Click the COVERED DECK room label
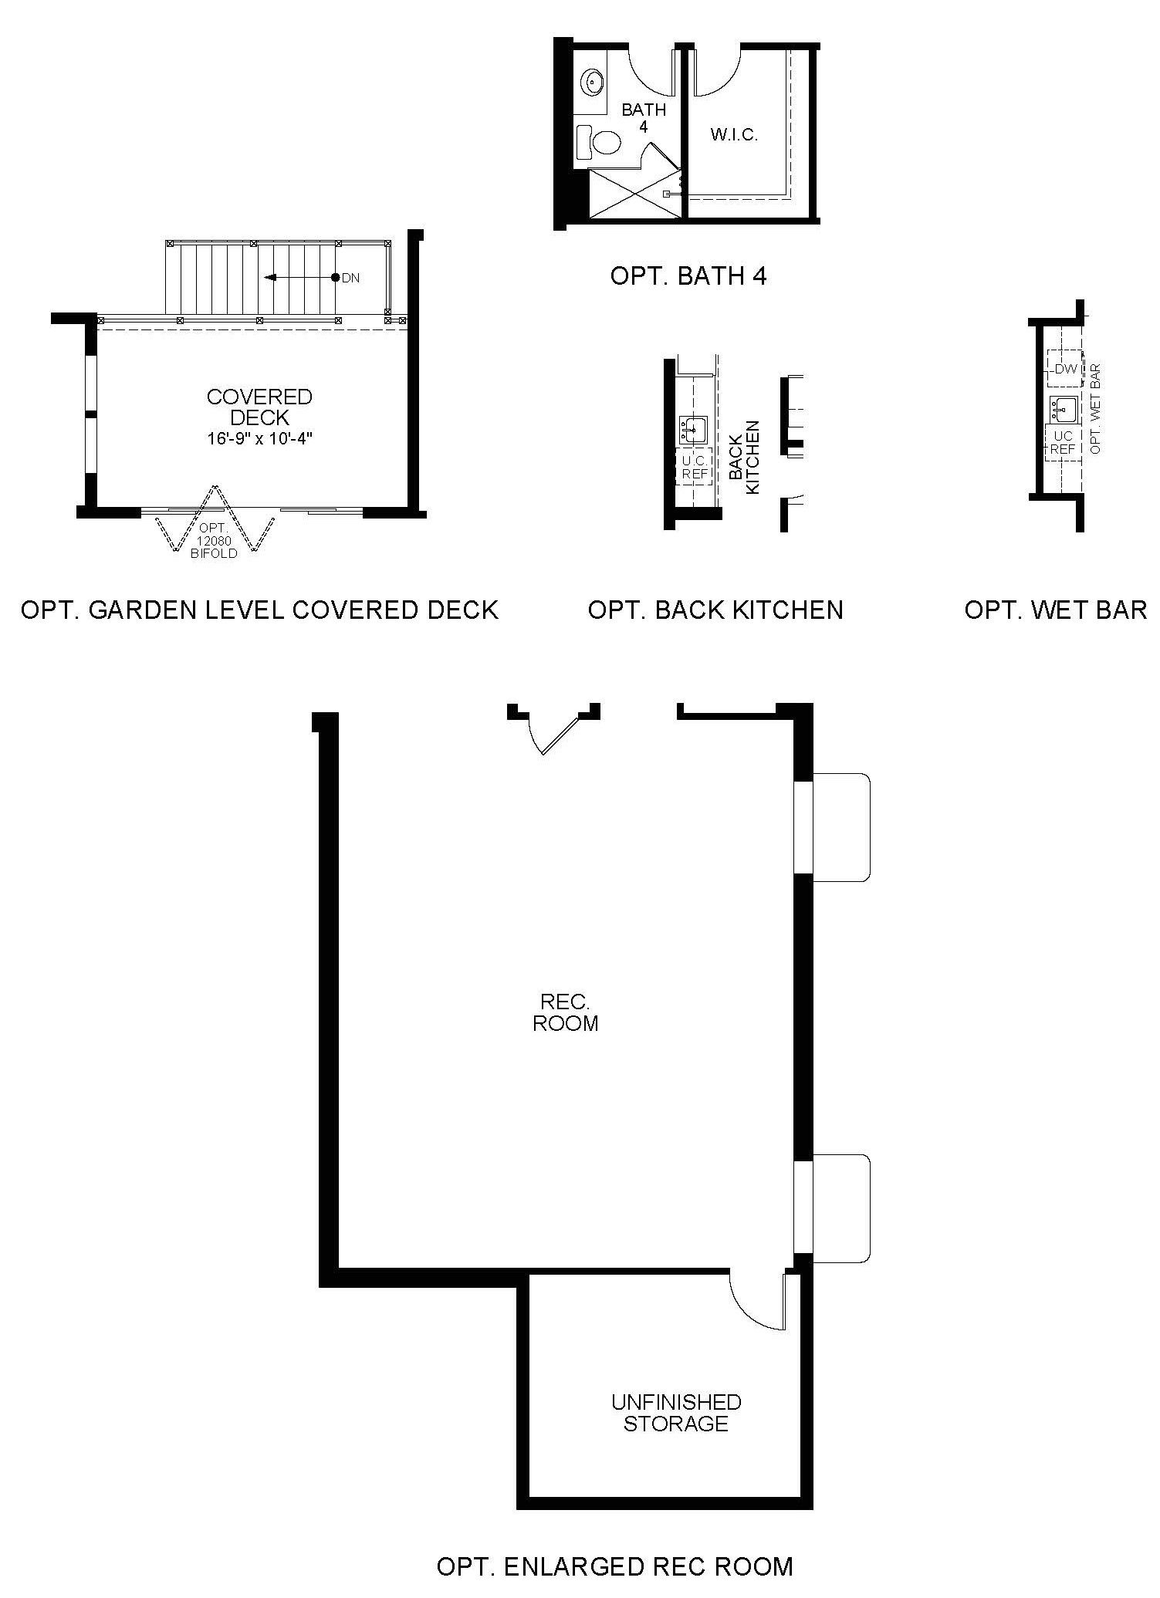[x=259, y=407]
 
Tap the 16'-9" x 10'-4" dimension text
[x=259, y=439]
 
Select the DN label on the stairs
[x=350, y=278]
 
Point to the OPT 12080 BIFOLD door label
[x=215, y=540]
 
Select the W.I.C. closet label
[x=734, y=135]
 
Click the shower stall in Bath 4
[x=634, y=193]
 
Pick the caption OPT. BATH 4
[x=688, y=276]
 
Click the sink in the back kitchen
[x=693, y=429]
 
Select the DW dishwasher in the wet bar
[x=1064, y=369]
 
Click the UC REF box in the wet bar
[x=1063, y=442]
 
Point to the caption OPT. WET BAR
[x=1056, y=610]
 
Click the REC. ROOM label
[x=566, y=1012]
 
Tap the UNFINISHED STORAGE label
[x=676, y=1412]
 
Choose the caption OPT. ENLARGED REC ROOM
[x=615, y=1566]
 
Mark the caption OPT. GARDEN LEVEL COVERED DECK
[x=260, y=610]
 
